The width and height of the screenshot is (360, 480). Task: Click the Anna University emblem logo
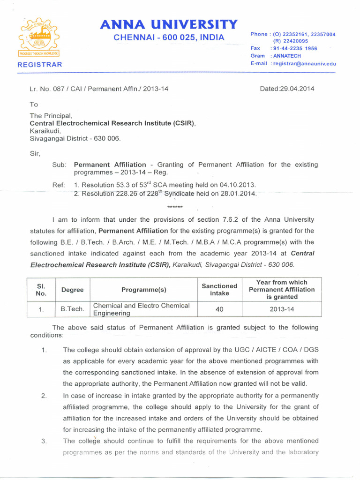click(39, 38)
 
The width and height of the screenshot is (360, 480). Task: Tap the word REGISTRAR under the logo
click(39, 65)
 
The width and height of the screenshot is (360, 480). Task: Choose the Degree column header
click(73, 290)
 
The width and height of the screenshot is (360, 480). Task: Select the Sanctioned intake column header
click(219, 290)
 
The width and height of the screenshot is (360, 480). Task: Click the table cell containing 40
click(219, 309)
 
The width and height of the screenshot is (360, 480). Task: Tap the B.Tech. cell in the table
click(73, 309)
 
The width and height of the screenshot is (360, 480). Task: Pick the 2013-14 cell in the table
click(281, 309)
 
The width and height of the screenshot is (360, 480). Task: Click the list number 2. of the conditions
click(44, 396)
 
